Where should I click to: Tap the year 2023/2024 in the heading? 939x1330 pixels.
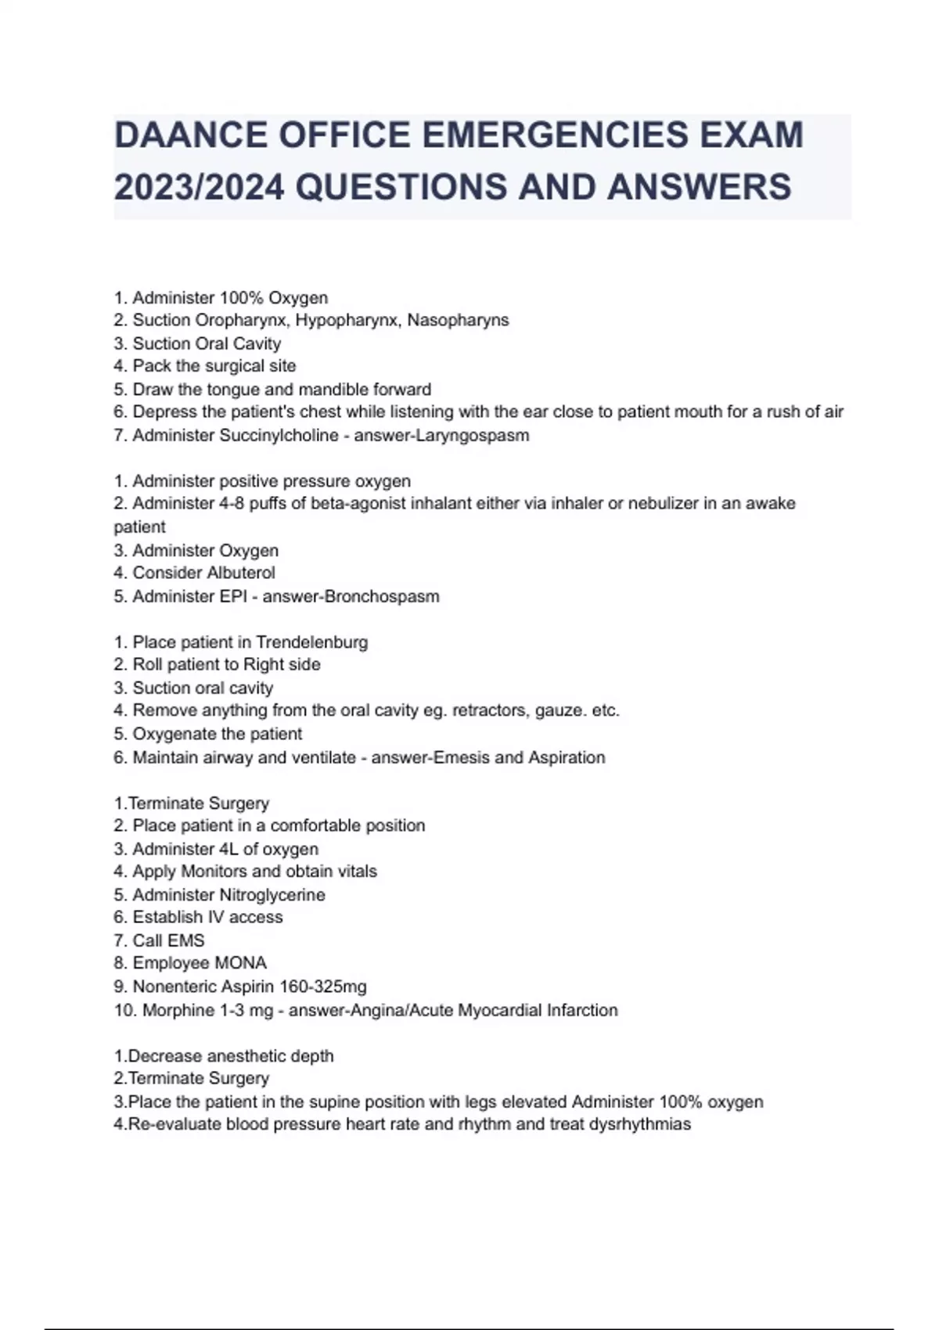point(200,188)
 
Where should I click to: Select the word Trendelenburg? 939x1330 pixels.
point(311,642)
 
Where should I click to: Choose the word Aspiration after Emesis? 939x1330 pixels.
point(567,757)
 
